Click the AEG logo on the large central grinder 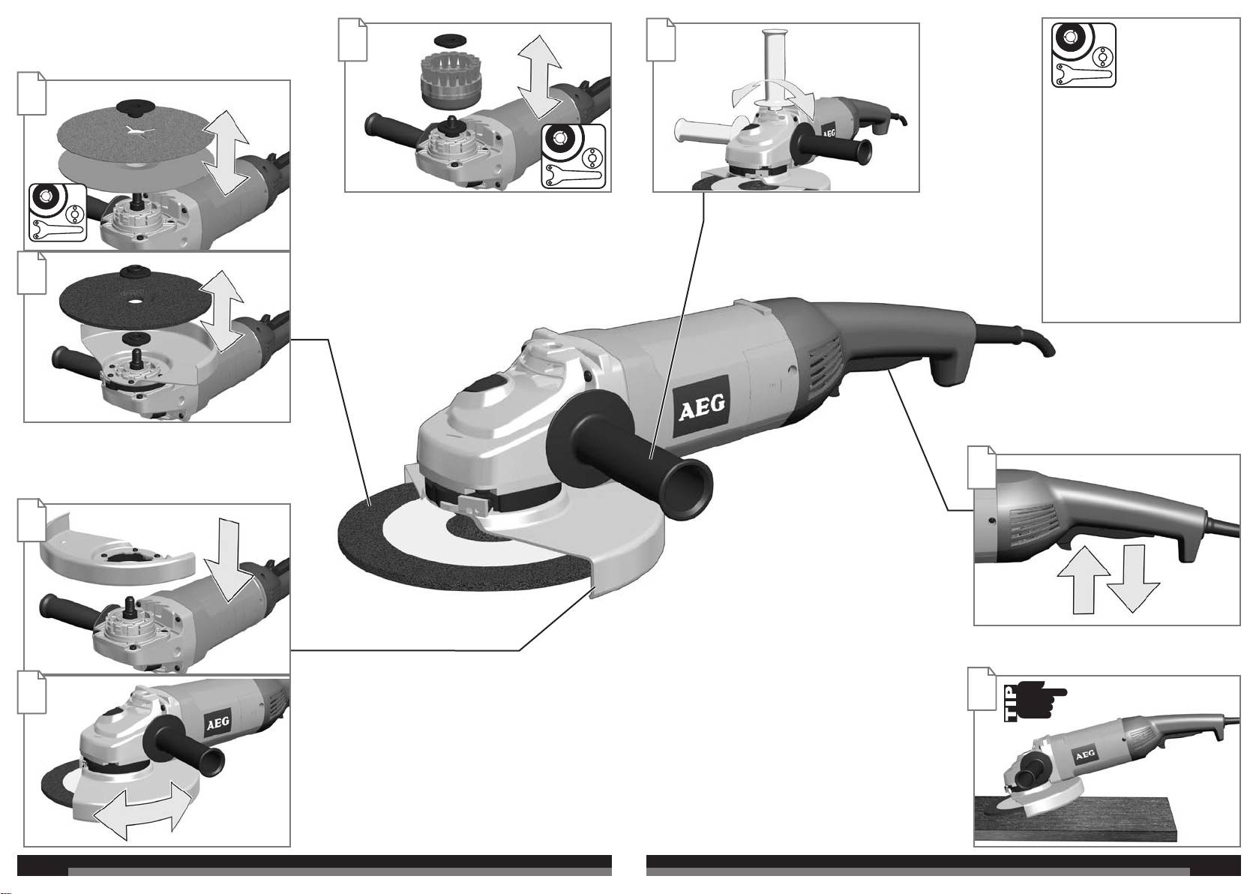click(x=701, y=406)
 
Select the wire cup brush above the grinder click(x=448, y=82)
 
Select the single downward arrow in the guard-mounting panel click(x=229, y=560)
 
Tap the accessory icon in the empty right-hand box click(x=1084, y=55)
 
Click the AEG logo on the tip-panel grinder click(x=1084, y=755)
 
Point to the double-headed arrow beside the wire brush click(x=539, y=76)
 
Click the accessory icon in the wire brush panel click(x=574, y=156)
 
